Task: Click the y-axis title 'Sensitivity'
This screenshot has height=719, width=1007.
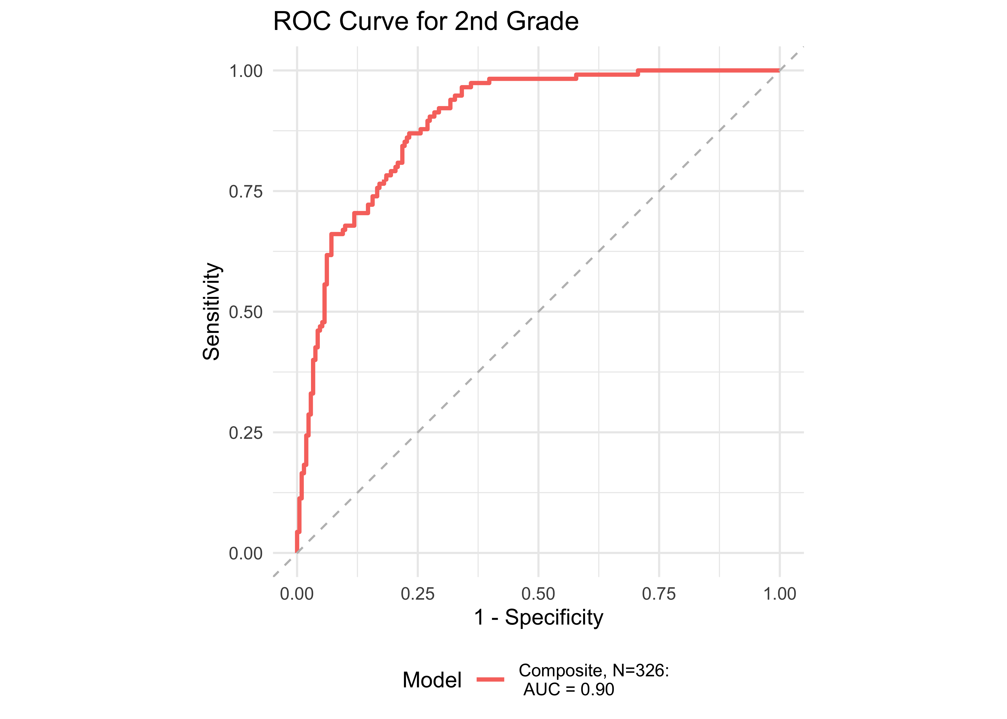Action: (211, 312)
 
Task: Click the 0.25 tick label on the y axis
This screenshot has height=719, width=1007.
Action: (246, 433)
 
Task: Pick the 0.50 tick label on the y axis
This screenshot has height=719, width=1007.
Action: (246, 312)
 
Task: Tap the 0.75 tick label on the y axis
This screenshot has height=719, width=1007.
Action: (246, 192)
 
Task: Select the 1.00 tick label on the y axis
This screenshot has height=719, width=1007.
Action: (246, 71)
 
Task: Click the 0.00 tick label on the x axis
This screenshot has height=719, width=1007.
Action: (297, 594)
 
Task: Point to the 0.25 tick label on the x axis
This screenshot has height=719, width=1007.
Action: (418, 594)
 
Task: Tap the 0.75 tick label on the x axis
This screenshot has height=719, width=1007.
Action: (659, 594)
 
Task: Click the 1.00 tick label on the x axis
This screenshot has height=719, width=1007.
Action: (779, 594)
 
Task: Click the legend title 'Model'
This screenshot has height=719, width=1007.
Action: (432, 680)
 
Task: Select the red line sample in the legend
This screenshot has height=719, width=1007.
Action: (490, 679)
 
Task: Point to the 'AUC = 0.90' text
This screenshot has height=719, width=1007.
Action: (569, 689)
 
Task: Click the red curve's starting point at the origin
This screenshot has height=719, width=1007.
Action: (297, 552)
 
